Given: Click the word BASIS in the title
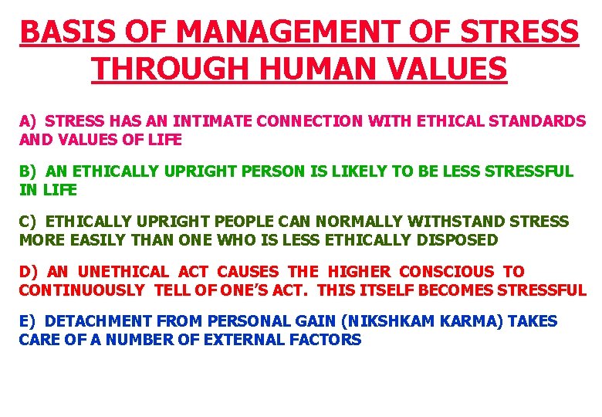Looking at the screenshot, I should click(x=59, y=32).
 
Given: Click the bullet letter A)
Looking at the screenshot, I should click(x=29, y=121).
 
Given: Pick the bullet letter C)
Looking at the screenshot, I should click(x=29, y=222).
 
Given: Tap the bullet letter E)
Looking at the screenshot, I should click(x=29, y=321).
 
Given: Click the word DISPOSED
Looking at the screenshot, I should click(x=458, y=240).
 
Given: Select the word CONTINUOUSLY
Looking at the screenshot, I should click(x=82, y=290).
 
